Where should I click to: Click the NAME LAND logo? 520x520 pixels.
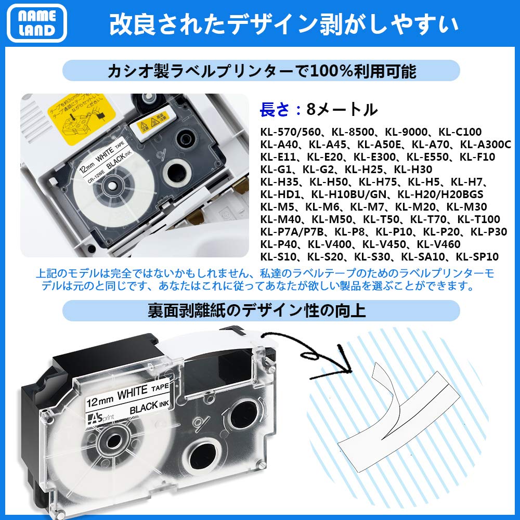click(36, 23)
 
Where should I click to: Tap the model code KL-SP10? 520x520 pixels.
click(477, 257)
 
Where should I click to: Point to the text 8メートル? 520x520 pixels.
click(341, 109)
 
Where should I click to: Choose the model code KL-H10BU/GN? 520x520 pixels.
click(352, 194)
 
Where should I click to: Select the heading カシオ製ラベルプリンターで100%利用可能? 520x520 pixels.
click(262, 71)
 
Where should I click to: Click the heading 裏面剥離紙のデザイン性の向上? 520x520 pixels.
click(262, 311)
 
